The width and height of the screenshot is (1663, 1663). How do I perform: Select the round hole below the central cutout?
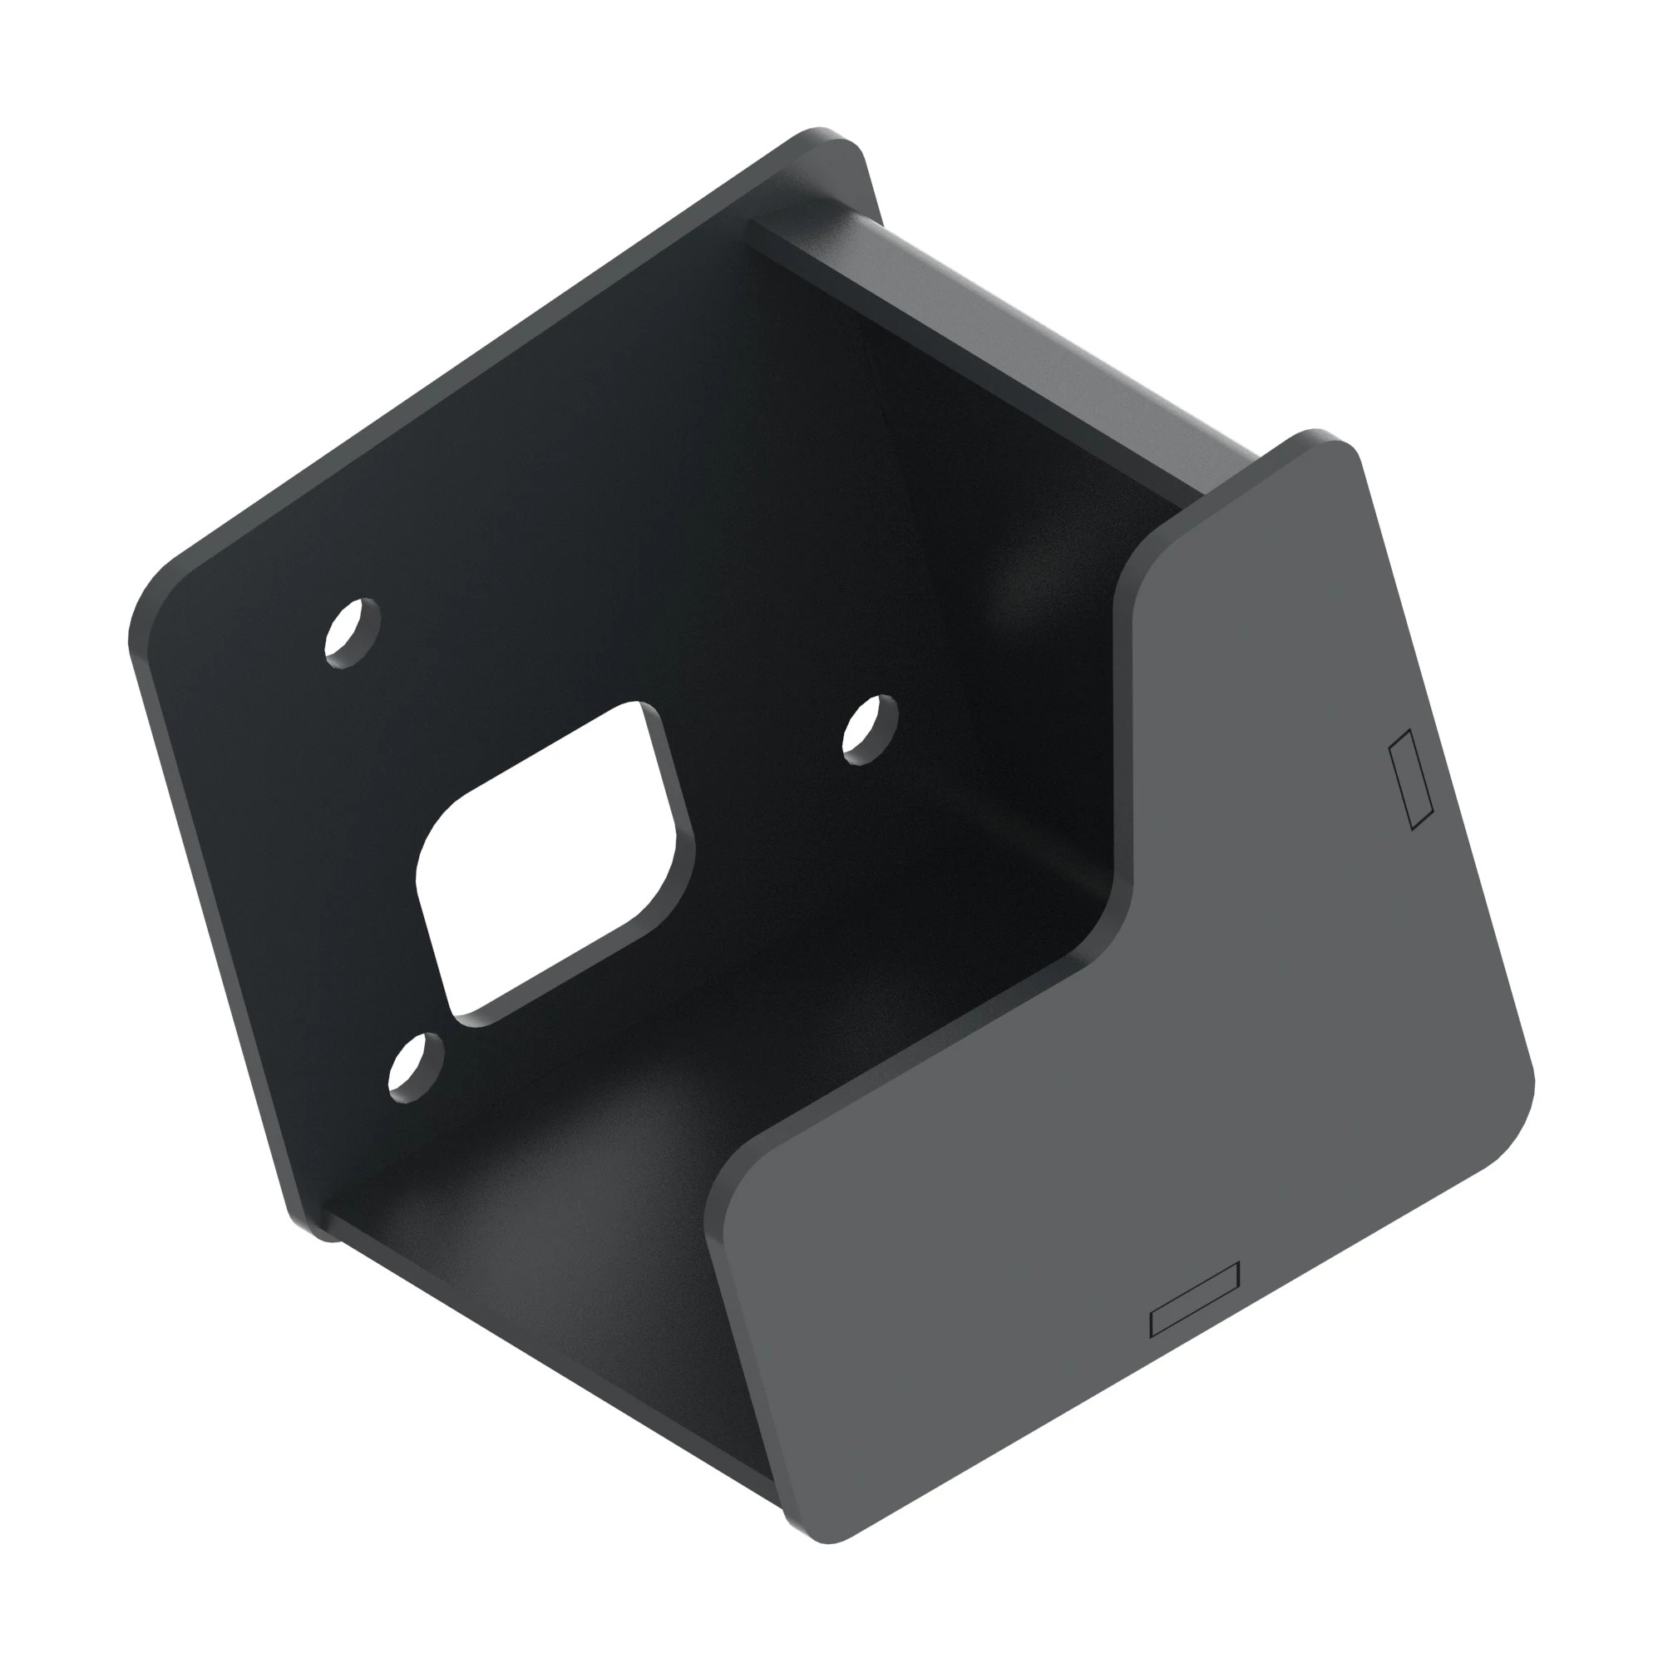tap(416, 1068)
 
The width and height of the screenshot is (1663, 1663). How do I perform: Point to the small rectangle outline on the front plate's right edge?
tap(1411, 780)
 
